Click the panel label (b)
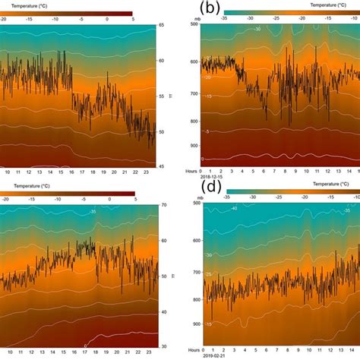coord(210,11)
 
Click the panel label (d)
coord(210,187)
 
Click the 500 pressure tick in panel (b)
coord(194,24)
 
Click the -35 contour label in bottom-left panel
coord(92,212)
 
